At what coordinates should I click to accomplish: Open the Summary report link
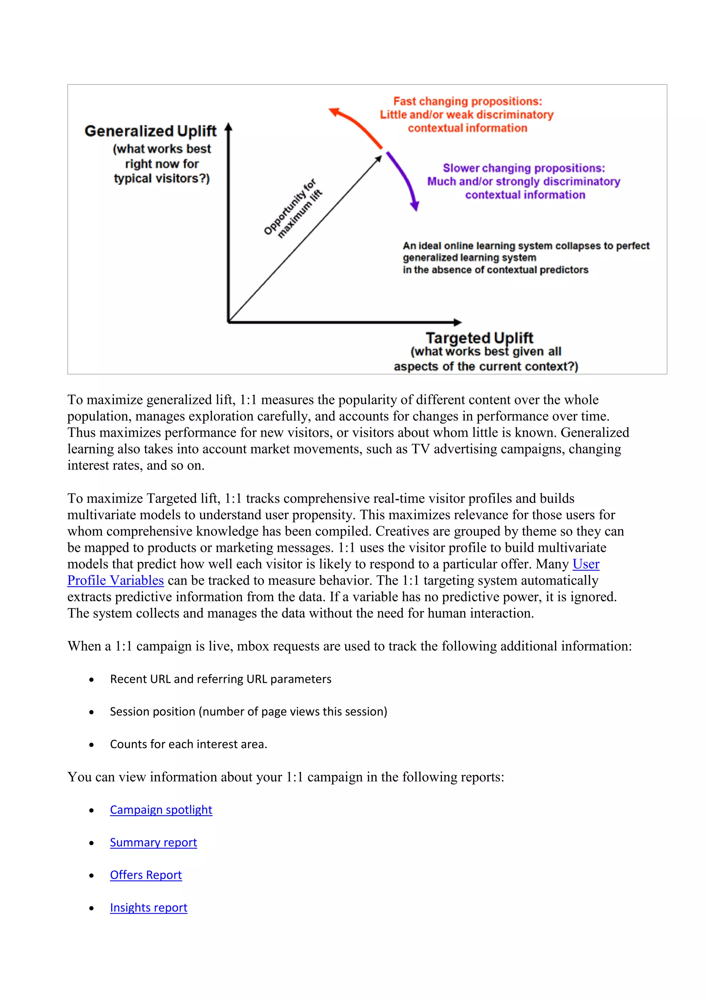(153, 842)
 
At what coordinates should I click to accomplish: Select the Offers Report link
(146, 875)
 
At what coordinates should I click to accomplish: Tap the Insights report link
(148, 908)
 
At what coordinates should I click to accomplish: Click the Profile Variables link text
(115, 580)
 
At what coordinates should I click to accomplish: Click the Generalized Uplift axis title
(151, 131)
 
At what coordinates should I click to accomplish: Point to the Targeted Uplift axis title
(479, 338)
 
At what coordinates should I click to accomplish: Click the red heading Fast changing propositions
(467, 102)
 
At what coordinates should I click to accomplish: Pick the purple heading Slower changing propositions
(524, 168)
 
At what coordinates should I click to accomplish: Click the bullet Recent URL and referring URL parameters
(221, 679)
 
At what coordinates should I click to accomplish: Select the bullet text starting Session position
(248, 712)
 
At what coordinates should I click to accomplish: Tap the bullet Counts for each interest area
(188, 744)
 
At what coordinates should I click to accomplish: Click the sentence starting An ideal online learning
(525, 246)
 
